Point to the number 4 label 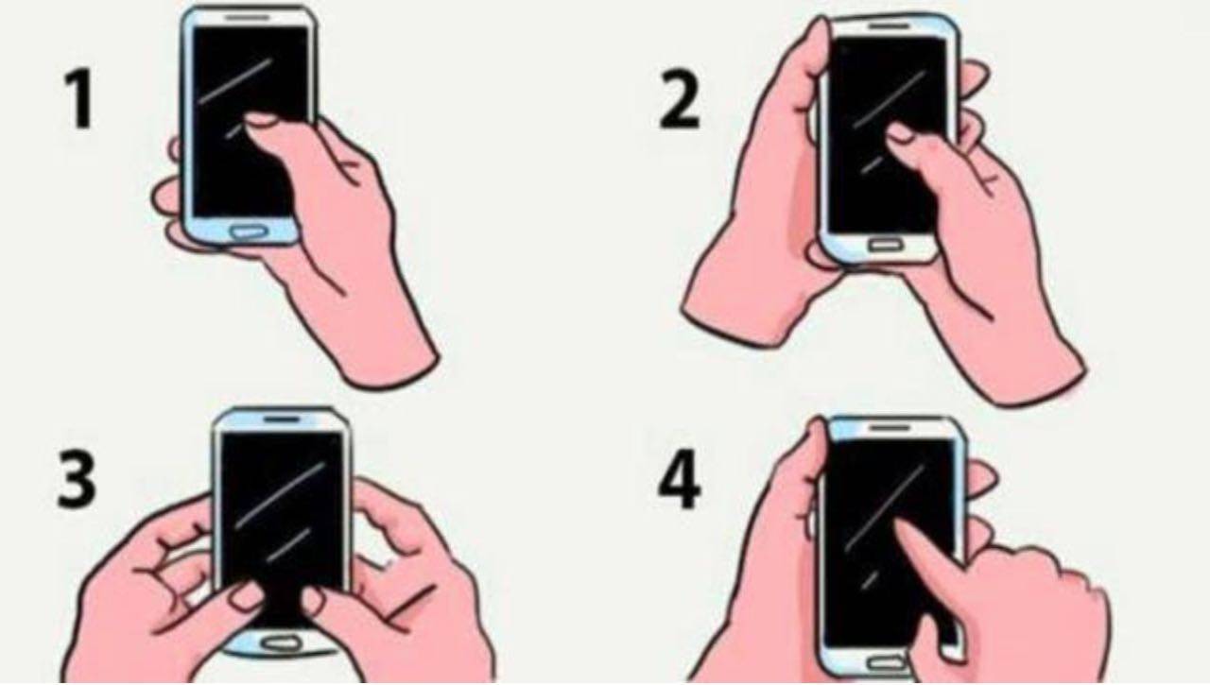(679, 482)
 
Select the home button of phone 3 (281, 642)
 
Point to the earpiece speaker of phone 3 (282, 418)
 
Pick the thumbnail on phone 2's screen (898, 135)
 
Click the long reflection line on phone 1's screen (236, 83)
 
